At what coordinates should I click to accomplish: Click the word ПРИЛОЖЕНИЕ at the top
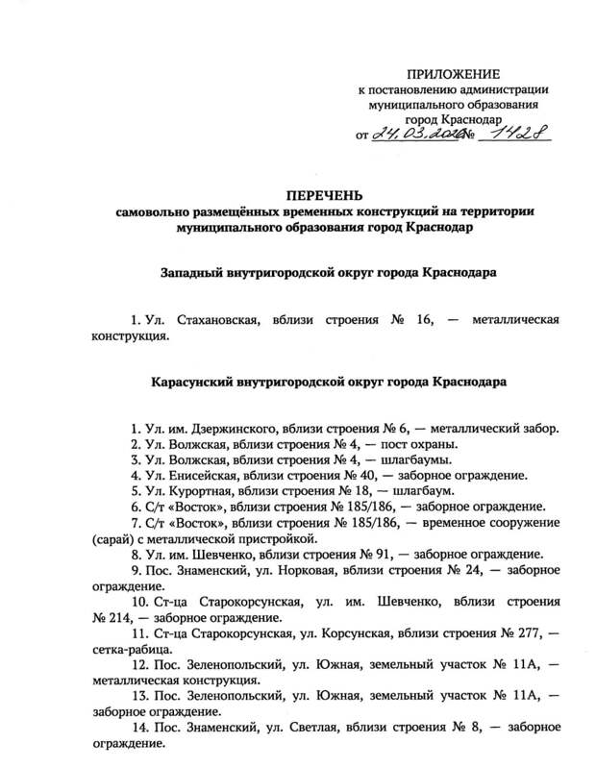455,74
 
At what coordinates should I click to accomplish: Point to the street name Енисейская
205,475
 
